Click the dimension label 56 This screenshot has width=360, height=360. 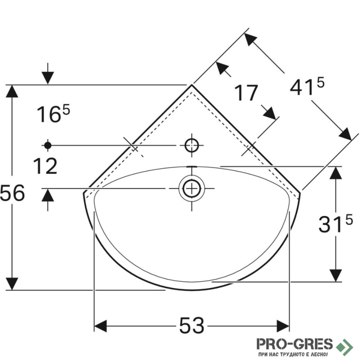pyautogui.click(x=13, y=193)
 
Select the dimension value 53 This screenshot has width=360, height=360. pyautogui.click(x=192, y=325)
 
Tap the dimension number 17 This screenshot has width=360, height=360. pyautogui.click(x=246, y=93)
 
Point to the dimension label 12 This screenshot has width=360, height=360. pyautogui.click(x=45, y=166)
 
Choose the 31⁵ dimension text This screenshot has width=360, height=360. pyautogui.click(x=335, y=223)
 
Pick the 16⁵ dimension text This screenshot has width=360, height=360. pyautogui.click(x=53, y=113)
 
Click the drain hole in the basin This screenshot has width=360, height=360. pyautogui.click(x=192, y=188)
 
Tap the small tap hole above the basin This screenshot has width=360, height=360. pyautogui.click(x=192, y=145)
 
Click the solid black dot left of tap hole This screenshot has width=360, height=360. pyautogui.click(x=48, y=145)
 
